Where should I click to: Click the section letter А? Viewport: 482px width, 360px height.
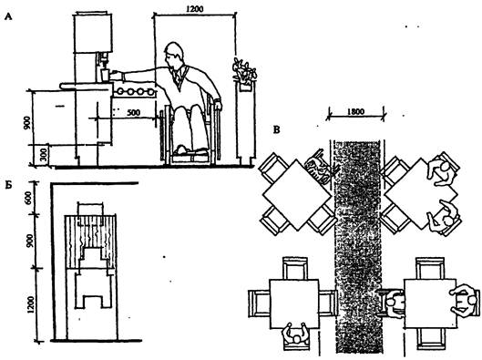pyautogui.click(x=8, y=17)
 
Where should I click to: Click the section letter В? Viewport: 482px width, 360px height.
pyautogui.click(x=277, y=130)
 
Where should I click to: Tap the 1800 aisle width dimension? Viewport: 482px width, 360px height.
pyautogui.click(x=355, y=111)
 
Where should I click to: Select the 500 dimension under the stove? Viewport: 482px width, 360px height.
pyautogui.click(x=134, y=112)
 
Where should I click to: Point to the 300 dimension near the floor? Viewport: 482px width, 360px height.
pyautogui.click(x=44, y=155)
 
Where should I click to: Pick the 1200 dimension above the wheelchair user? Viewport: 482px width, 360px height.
pyautogui.click(x=195, y=8)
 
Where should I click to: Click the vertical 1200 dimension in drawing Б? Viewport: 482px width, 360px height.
pyautogui.click(x=30, y=304)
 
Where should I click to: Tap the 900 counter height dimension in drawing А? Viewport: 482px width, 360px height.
pyautogui.click(x=27, y=122)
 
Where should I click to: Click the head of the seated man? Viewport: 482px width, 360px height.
pyautogui.click(x=173, y=56)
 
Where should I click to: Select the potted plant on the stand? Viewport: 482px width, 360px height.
pyautogui.click(x=244, y=70)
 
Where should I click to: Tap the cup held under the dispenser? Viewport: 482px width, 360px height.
pyautogui.click(x=105, y=76)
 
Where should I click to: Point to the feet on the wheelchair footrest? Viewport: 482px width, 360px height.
pyautogui.click(x=191, y=150)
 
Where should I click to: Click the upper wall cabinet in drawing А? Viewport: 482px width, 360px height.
pyautogui.click(x=93, y=33)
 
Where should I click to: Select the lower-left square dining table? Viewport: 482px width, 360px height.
pyautogui.click(x=294, y=303)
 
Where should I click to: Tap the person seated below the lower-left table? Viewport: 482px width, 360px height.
pyautogui.click(x=295, y=336)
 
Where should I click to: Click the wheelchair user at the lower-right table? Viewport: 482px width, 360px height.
pyautogui.click(x=395, y=304)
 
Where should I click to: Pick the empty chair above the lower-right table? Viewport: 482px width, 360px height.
pyautogui.click(x=430, y=268)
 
